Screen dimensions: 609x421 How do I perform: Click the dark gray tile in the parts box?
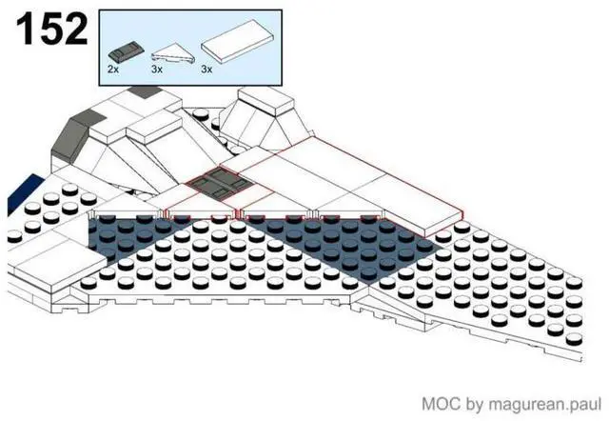coord(126,50)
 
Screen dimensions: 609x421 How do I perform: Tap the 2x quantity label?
coord(113,70)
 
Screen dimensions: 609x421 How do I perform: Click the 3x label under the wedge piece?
coord(159,70)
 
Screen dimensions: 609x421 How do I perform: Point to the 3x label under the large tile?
coord(206,70)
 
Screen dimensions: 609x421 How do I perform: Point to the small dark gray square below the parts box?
coord(142,93)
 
